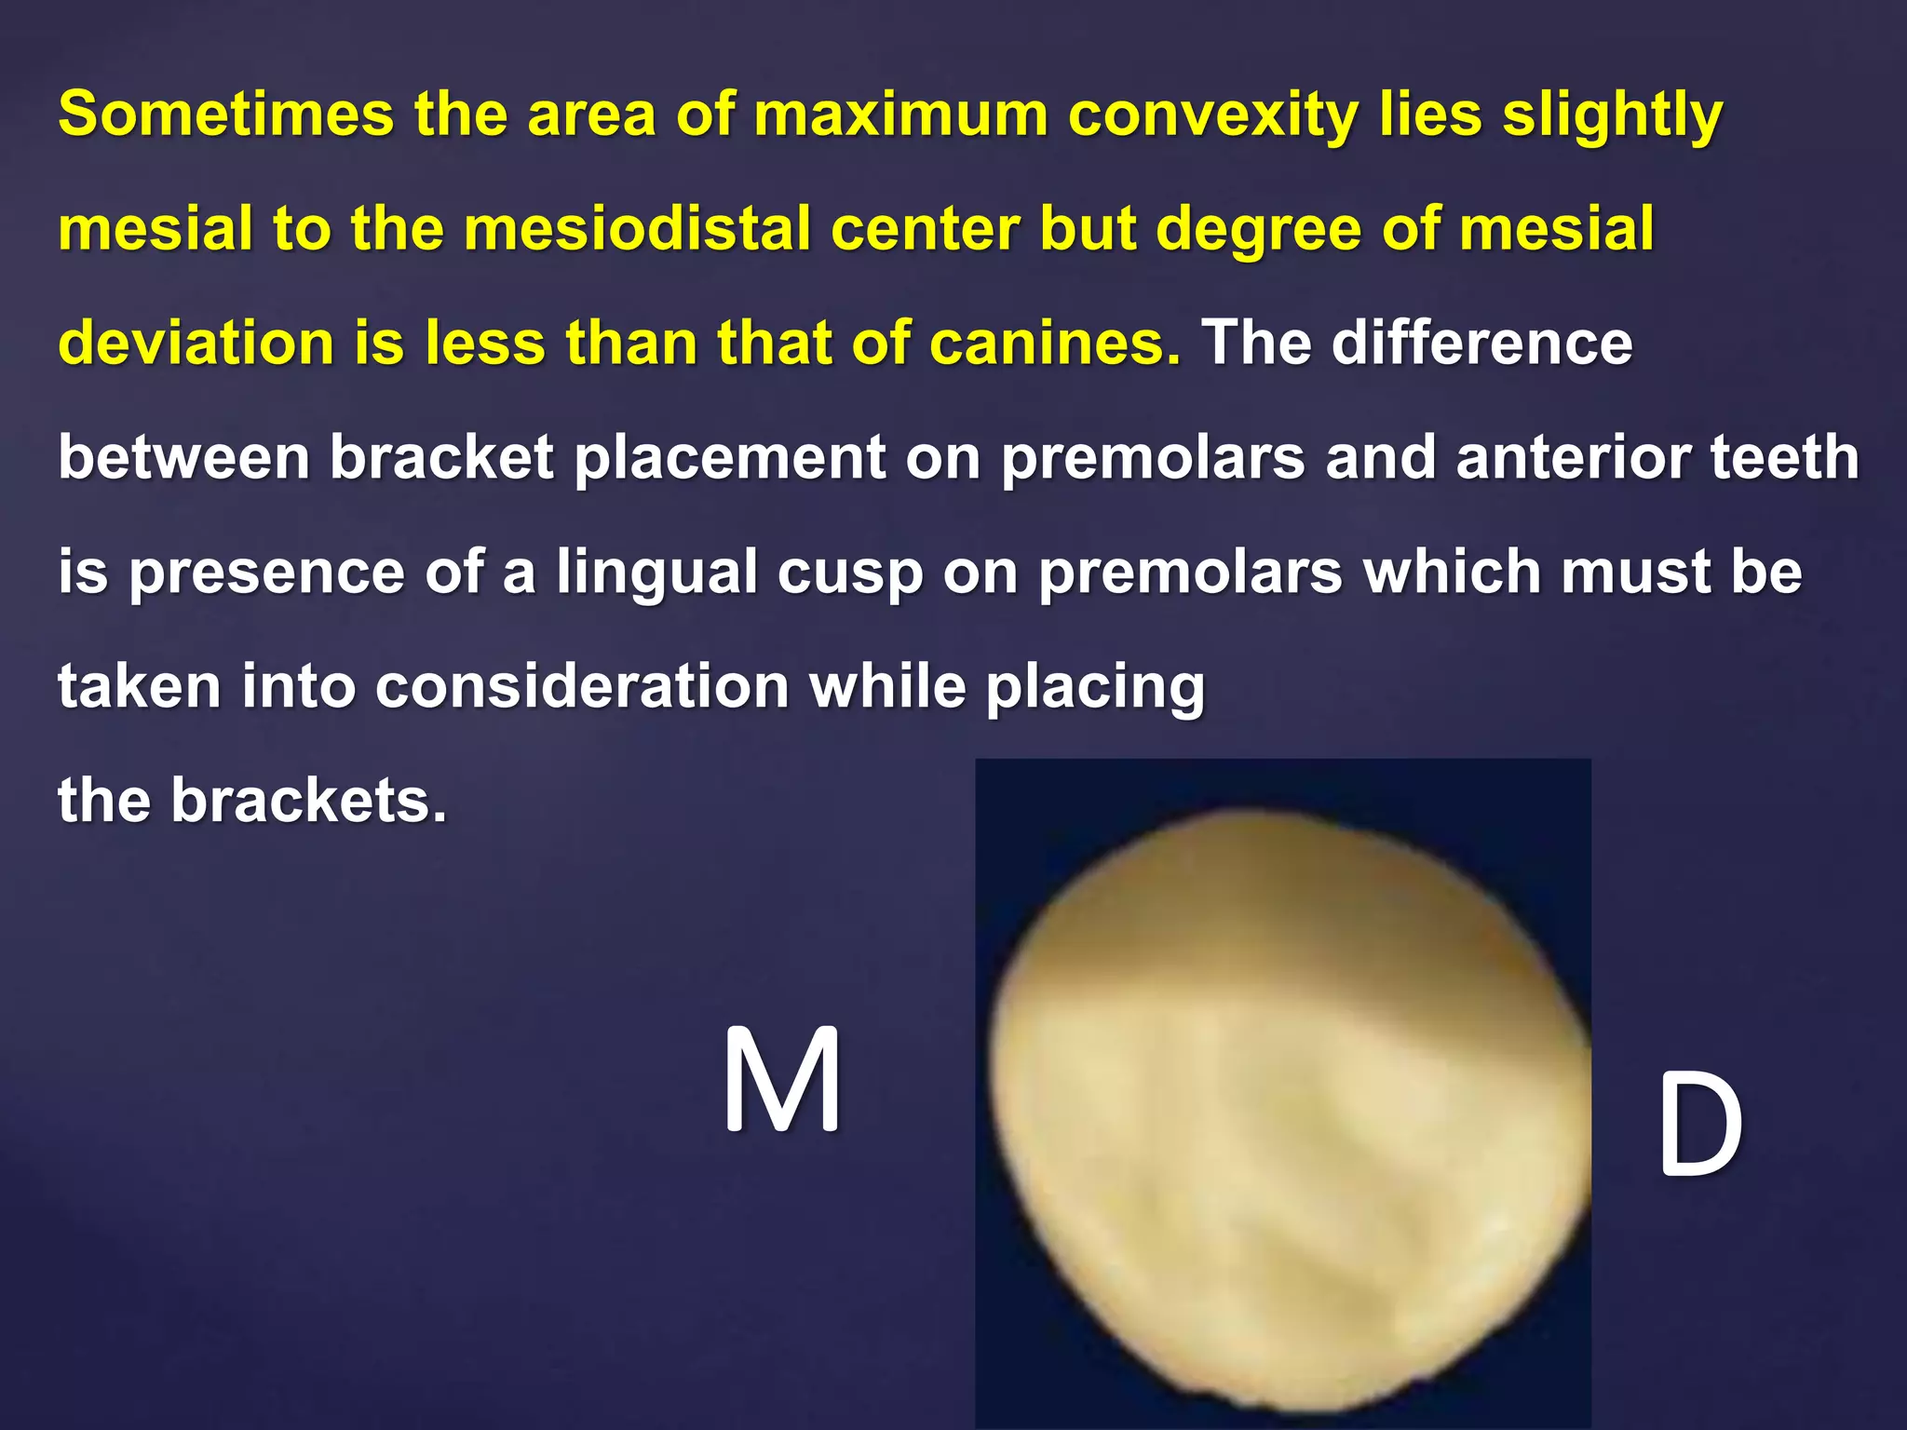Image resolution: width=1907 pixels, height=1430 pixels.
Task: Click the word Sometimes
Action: click(x=226, y=115)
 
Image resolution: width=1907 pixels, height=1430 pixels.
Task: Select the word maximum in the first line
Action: click(x=900, y=115)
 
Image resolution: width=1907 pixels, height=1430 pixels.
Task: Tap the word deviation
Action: click(x=196, y=344)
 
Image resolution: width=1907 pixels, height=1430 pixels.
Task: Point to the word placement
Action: click(x=730, y=458)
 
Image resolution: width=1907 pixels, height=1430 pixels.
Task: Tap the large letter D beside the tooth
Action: click(x=1698, y=1125)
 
